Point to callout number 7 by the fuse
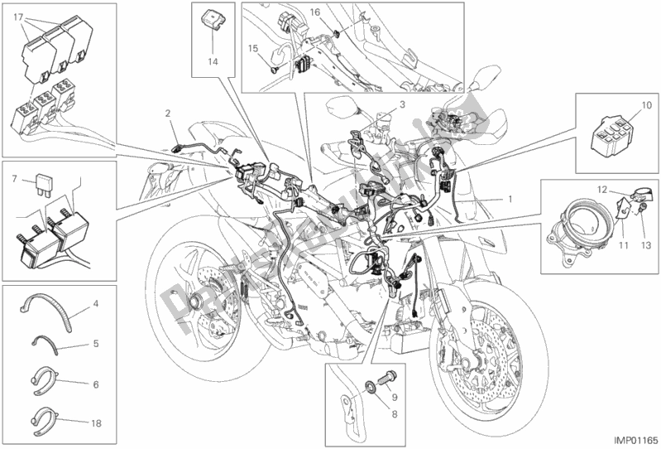[14, 178]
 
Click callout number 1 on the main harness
[510, 200]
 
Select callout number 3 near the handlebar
[401, 106]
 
